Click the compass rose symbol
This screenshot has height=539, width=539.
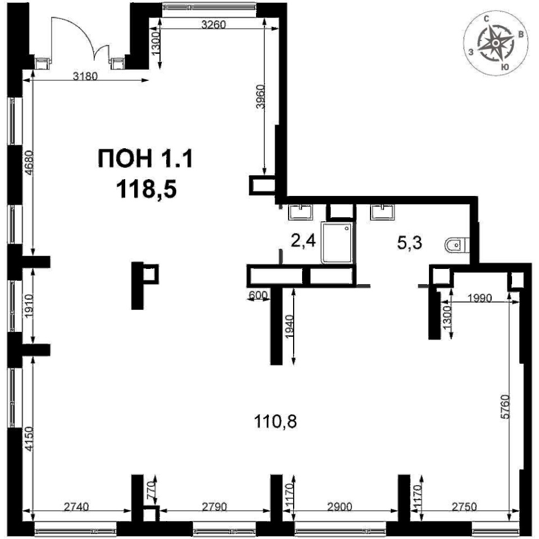click(x=495, y=43)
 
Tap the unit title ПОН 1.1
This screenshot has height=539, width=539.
click(x=146, y=159)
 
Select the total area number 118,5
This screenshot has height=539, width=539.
click(x=147, y=190)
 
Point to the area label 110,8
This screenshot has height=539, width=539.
click(x=275, y=421)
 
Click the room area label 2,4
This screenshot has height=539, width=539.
click(x=303, y=241)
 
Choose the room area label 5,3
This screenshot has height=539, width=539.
click(x=409, y=243)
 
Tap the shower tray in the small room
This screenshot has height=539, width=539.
click(x=337, y=243)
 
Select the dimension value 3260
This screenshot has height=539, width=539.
click(x=213, y=25)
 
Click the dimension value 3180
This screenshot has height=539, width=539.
click(x=85, y=76)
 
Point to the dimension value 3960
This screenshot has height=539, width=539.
click(x=261, y=97)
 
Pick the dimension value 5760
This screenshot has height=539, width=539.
click(x=505, y=406)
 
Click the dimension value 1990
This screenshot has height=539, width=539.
click(x=480, y=298)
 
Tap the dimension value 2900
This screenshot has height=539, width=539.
click(x=340, y=506)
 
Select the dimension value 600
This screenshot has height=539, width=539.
click(x=258, y=295)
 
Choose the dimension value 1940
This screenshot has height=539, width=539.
click(x=290, y=327)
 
